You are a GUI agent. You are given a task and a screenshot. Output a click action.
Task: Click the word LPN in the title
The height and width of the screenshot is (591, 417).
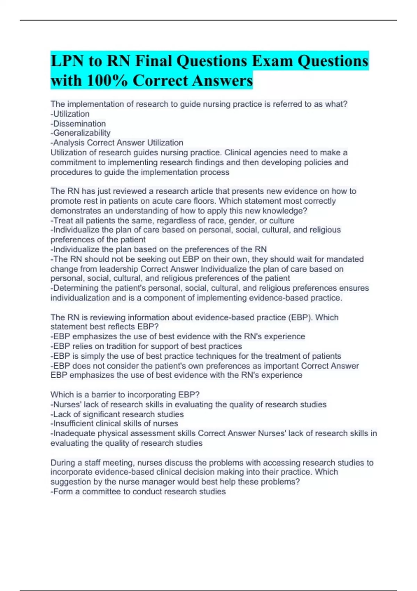coord(66,61)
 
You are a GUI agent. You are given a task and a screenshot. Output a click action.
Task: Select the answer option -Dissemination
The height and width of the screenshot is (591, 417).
coord(79,124)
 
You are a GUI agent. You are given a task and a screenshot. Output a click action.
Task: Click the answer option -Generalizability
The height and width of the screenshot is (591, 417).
coord(81,133)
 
